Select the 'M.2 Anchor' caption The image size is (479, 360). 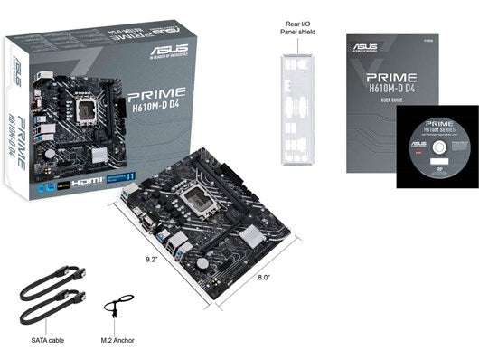pyautogui.click(x=119, y=342)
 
